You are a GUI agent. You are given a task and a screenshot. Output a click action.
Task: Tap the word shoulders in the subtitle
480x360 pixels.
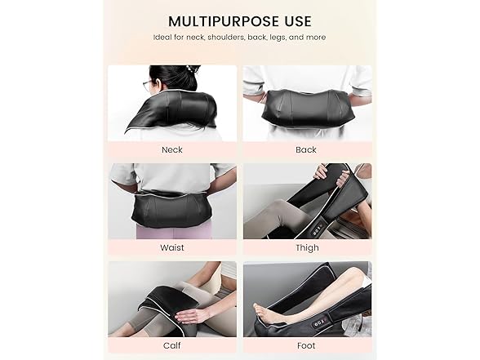click(235, 38)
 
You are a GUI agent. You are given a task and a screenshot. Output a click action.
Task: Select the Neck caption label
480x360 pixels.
click(172, 149)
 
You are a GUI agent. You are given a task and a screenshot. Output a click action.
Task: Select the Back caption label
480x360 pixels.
click(307, 149)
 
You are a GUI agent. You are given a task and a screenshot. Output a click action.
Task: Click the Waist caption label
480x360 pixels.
click(172, 247)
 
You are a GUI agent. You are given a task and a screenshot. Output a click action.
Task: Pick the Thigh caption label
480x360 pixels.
click(307, 247)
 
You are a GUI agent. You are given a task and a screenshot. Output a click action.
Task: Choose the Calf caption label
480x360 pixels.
click(172, 345)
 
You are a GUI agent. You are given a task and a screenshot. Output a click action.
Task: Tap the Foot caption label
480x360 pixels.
click(307, 345)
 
